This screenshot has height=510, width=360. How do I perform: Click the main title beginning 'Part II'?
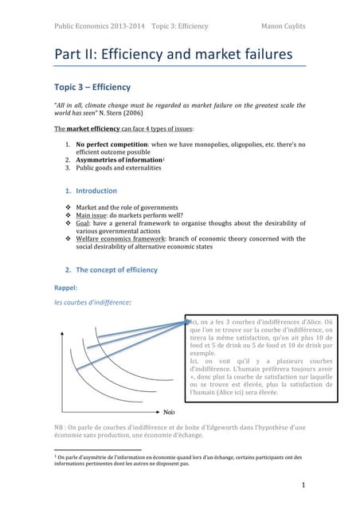click(173, 55)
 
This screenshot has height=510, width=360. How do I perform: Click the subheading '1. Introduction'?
click(89, 190)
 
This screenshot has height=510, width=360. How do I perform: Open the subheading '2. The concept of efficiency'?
click(115, 269)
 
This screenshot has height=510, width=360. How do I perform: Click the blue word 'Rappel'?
click(65, 288)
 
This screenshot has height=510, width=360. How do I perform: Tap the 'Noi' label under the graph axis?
click(169, 412)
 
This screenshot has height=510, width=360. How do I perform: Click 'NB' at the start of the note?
click(58, 427)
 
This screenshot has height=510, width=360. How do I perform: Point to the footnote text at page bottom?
click(178, 461)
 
